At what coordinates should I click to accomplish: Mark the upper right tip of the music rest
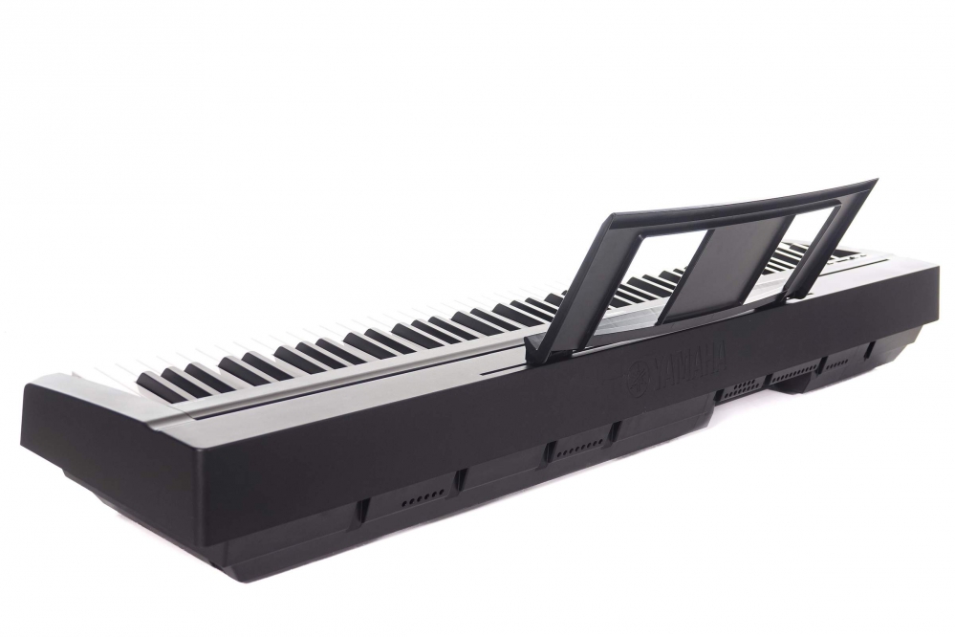(x=877, y=180)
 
